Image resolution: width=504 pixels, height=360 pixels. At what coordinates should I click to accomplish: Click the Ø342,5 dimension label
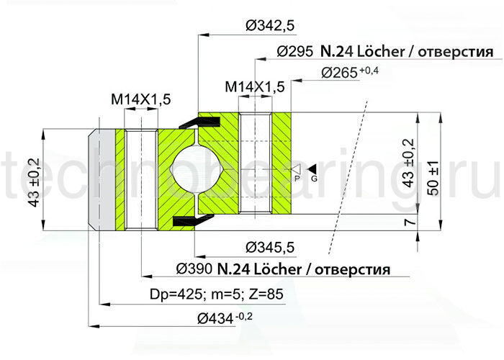(270, 26)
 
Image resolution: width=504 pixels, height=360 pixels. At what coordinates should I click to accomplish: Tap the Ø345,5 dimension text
(270, 247)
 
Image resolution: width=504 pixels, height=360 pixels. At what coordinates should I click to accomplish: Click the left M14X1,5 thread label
(140, 100)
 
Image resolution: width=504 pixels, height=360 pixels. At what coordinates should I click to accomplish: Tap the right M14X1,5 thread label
(255, 86)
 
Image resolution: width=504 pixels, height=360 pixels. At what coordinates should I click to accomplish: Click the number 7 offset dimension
(408, 222)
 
